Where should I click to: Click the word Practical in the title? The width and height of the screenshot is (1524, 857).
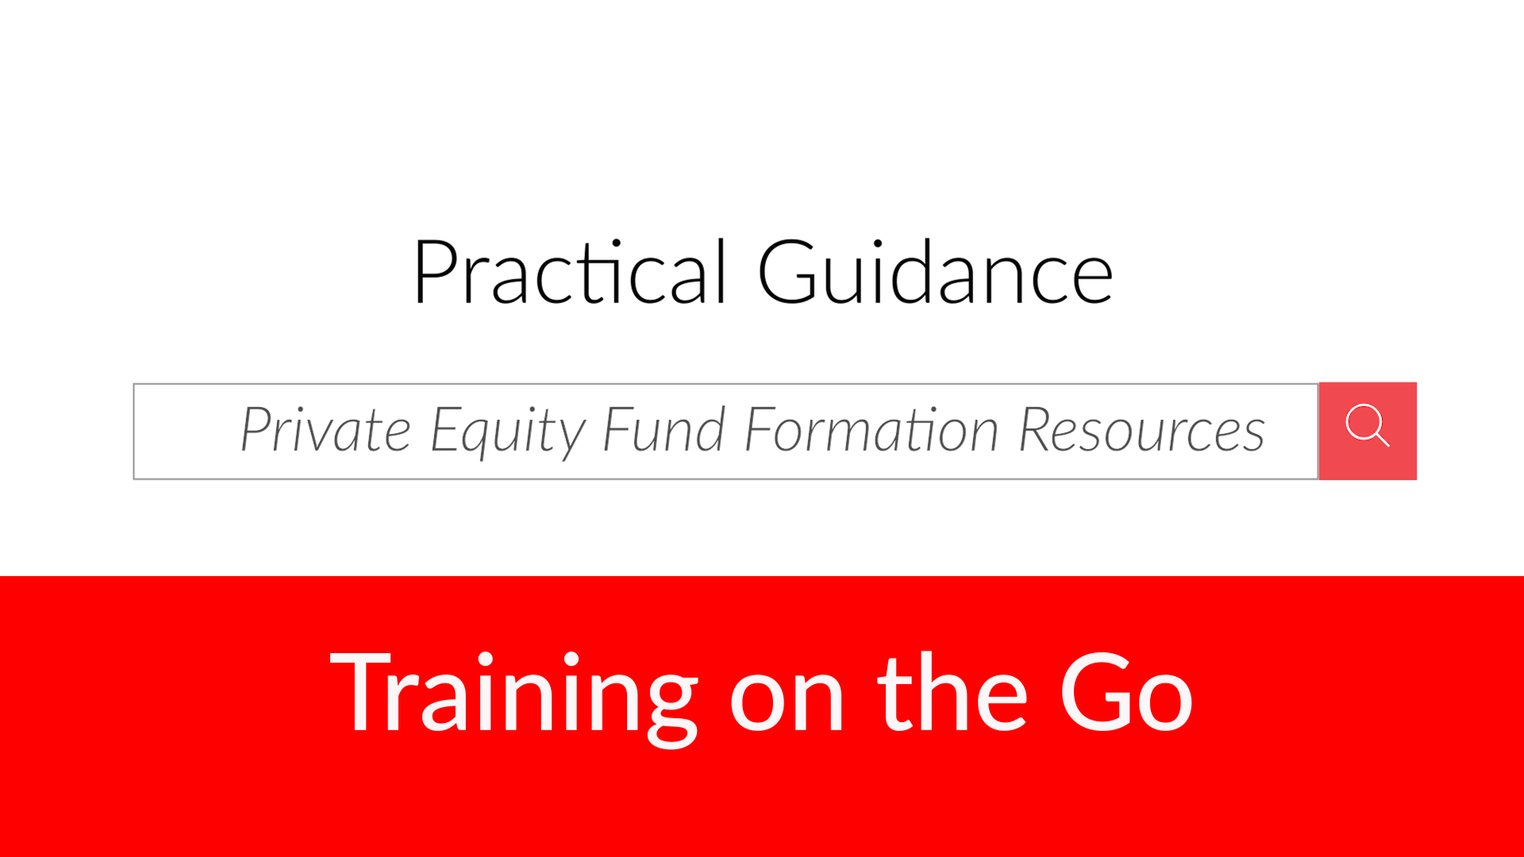pos(570,271)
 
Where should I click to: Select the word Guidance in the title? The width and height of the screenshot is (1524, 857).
pos(936,271)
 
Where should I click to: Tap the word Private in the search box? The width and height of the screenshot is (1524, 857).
pos(325,429)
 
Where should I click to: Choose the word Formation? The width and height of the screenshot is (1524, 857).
pos(872,429)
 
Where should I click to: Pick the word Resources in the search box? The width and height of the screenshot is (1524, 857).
pos(1141,429)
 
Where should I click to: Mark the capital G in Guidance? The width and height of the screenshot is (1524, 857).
pos(787,271)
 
